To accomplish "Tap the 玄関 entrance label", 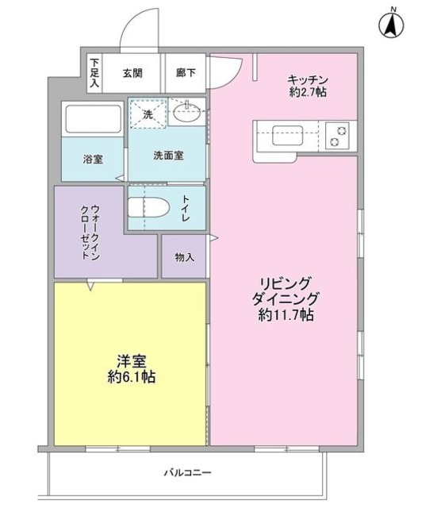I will pos(132,72).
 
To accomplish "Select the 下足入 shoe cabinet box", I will pos(94,72).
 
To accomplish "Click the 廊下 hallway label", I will pos(186,72).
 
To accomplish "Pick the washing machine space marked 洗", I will pos(148,114).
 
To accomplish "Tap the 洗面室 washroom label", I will pos(168,156).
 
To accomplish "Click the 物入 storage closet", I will pos(184,257).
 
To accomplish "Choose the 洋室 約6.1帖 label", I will pos(131,369).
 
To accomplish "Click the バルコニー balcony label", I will pos(187,473).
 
